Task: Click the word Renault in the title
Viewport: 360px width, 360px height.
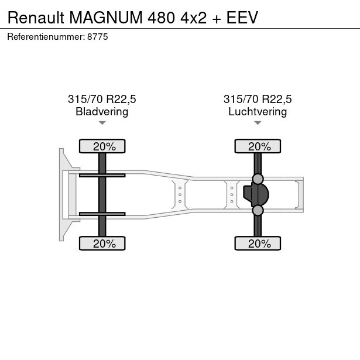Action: click(x=36, y=18)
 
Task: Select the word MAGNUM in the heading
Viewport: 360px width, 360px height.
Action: click(x=106, y=18)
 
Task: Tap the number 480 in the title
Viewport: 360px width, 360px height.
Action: click(x=162, y=18)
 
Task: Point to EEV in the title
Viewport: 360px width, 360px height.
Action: click(x=242, y=18)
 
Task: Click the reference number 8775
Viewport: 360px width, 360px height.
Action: click(x=98, y=37)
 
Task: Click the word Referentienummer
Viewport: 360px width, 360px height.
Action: click(x=46, y=37)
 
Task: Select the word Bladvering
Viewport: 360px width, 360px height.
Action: click(x=102, y=112)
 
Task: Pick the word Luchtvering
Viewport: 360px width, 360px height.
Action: click(x=258, y=112)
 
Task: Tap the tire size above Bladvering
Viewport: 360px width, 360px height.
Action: click(x=102, y=99)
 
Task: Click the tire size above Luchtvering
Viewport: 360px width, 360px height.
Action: click(x=258, y=99)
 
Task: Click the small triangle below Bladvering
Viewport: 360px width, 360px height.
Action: click(x=102, y=123)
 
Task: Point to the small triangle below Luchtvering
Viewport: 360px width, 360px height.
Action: click(x=258, y=123)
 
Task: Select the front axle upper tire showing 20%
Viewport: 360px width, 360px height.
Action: click(x=102, y=146)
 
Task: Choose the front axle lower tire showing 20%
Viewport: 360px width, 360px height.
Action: click(x=102, y=244)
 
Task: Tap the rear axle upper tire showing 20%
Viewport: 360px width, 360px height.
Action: click(x=258, y=146)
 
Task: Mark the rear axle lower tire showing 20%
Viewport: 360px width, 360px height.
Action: click(x=258, y=244)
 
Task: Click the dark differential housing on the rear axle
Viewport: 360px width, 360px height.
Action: click(x=256, y=194)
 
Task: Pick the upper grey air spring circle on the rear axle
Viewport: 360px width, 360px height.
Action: click(x=258, y=179)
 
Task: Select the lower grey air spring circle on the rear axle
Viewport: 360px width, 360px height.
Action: click(x=258, y=210)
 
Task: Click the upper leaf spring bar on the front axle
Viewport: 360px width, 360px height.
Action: click(x=102, y=176)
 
